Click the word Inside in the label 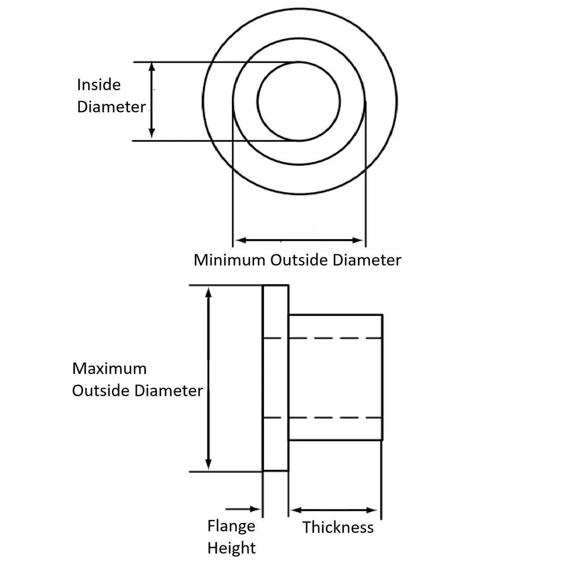point(98,85)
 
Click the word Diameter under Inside point(111,107)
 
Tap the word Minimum point(229,260)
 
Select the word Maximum point(109,369)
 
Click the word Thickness point(338,527)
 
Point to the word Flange point(231,526)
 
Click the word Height point(231,548)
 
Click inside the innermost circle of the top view point(298,101)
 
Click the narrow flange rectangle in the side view point(276,378)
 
